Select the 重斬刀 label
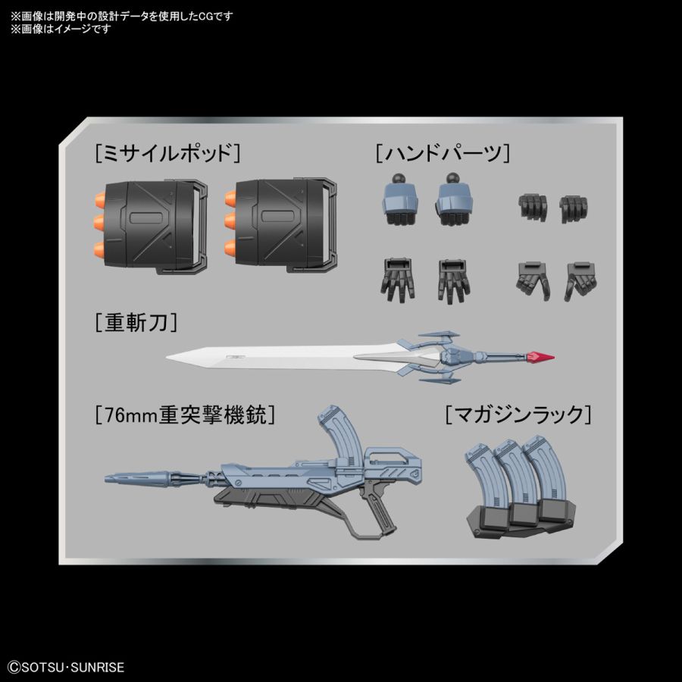point(137,324)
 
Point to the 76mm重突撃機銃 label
point(185,415)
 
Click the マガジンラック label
point(518,415)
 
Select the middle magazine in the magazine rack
point(510,474)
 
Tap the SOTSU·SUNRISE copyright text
point(64,668)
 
